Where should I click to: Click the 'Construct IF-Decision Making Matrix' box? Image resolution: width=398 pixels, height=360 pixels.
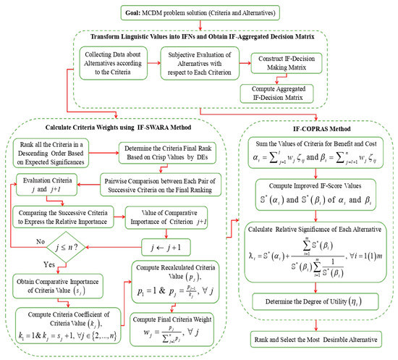pos(283,62)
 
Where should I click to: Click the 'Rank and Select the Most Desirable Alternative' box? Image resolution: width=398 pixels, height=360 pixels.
pos(318,338)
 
